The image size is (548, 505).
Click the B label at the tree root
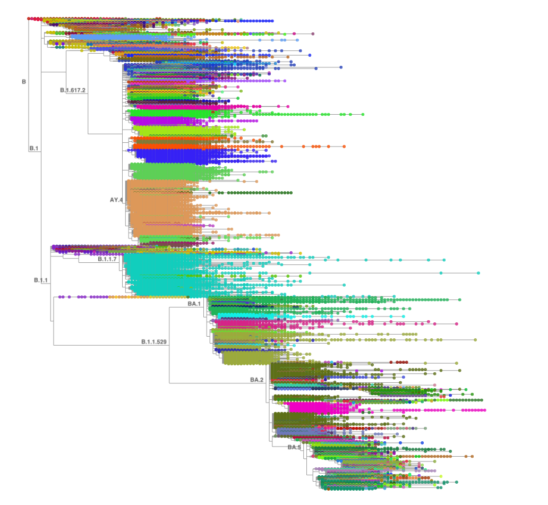point(24,82)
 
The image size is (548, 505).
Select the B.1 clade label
point(34,148)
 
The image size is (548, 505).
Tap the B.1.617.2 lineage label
point(73,90)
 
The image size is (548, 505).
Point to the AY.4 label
point(116,200)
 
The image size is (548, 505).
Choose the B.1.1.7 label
point(107,259)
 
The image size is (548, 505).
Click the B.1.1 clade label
point(41,280)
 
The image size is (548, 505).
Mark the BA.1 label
point(194,304)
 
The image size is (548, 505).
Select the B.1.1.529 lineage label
point(154,342)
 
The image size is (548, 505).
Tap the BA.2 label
point(257,380)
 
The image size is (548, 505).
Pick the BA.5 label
point(294,447)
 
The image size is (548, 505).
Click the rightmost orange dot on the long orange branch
point(344,147)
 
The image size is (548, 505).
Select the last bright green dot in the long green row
point(363,114)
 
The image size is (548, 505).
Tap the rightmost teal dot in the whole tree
point(478,273)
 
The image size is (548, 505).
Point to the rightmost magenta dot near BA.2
point(485,410)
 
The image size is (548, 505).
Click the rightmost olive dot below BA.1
point(475,340)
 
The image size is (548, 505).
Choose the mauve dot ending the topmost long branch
point(313,34)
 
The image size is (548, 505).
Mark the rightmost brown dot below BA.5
point(472,457)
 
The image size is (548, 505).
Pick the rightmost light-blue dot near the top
point(297,40)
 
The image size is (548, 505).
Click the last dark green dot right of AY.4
point(291,193)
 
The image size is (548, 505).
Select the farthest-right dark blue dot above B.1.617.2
point(341,67)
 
